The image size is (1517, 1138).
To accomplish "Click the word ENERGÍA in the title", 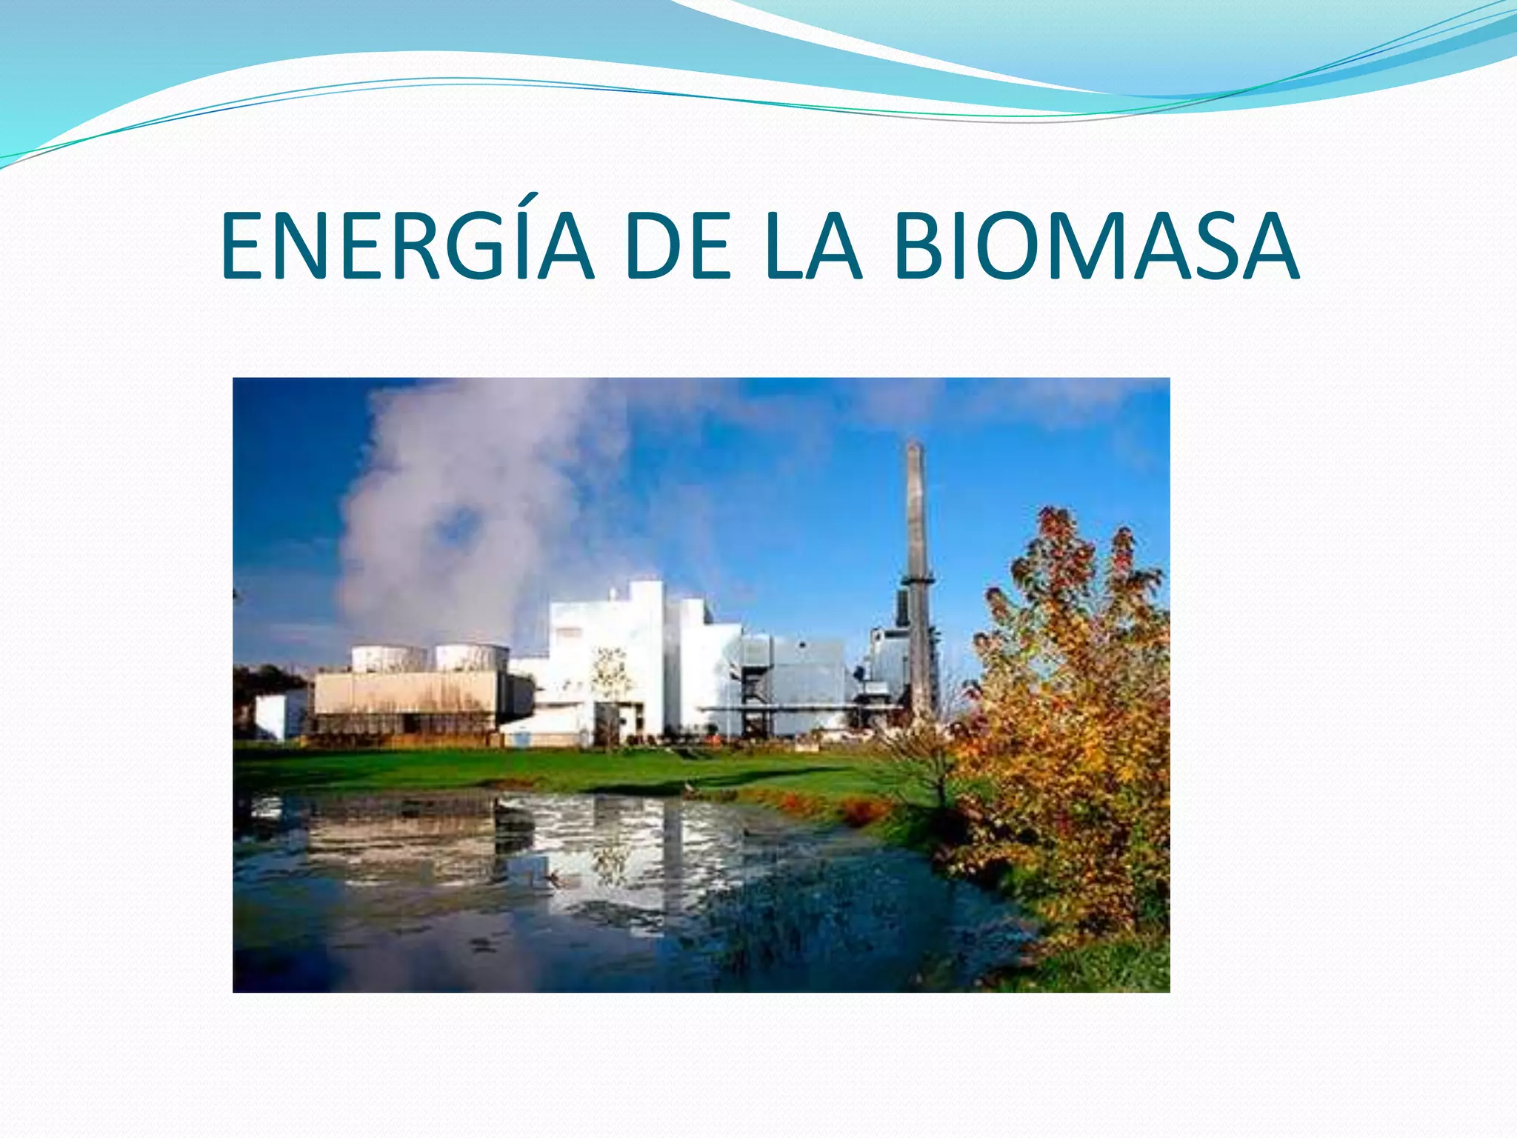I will pyautogui.click(x=407, y=246).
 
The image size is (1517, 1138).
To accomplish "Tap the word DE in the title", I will pyautogui.click(x=678, y=246).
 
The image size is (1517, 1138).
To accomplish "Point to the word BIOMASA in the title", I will pyautogui.click(x=1096, y=246).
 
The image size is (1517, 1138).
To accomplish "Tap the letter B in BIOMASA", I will pyautogui.click(x=923, y=246).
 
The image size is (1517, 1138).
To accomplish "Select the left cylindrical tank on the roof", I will pyautogui.click(x=389, y=658).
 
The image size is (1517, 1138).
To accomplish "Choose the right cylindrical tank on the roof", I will pyautogui.click(x=471, y=656).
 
